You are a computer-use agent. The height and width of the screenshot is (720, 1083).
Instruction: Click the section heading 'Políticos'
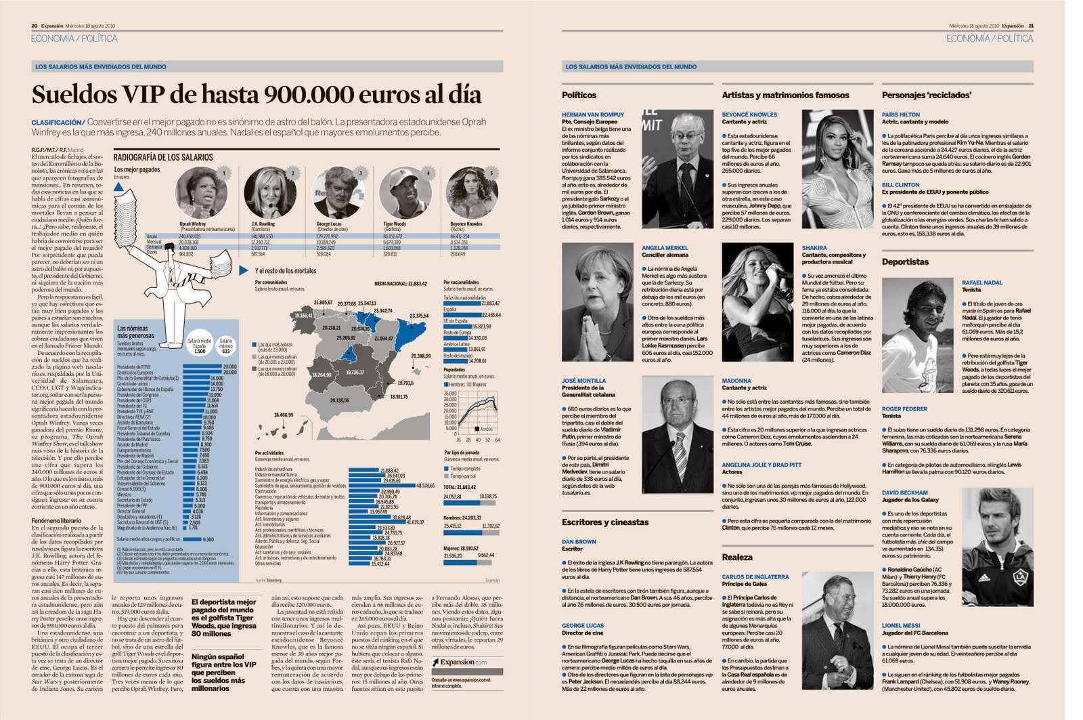tap(579, 96)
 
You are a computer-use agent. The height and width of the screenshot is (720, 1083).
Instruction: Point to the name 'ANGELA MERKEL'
tap(665, 248)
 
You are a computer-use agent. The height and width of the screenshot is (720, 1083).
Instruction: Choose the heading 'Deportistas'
tap(905, 262)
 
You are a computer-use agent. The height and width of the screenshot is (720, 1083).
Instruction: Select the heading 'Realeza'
tap(736, 557)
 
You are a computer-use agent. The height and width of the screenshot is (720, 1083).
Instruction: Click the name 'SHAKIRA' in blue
tap(814, 248)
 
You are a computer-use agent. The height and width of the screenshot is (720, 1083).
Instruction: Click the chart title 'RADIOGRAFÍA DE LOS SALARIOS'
tap(163, 157)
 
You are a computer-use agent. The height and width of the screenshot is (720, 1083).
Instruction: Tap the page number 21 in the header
tap(1031, 26)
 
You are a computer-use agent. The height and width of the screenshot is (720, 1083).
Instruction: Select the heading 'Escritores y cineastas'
tap(604, 522)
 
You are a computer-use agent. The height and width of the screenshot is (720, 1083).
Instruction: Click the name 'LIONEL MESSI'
tap(901, 625)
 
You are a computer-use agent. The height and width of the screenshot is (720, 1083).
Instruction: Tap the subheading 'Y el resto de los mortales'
tap(286, 271)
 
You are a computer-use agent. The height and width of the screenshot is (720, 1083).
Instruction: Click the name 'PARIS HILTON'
tap(900, 114)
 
